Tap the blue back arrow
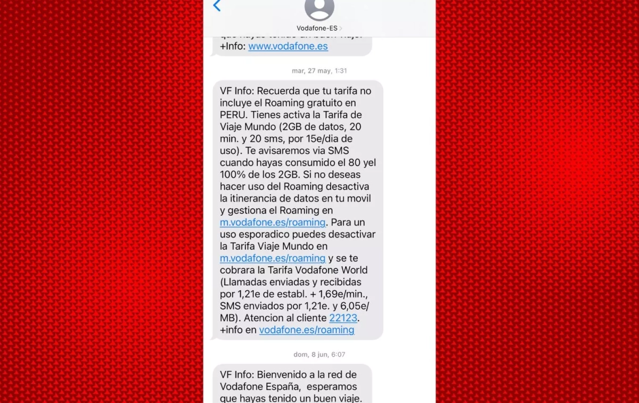[x=217, y=6]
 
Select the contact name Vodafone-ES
[x=317, y=28]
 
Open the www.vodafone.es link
[x=288, y=46]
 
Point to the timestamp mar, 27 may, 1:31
[x=319, y=71]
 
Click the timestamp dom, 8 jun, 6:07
[x=319, y=355]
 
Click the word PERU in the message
[x=233, y=115]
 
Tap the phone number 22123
[x=343, y=318]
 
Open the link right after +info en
[x=307, y=330]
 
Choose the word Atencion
[x=269, y=318]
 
